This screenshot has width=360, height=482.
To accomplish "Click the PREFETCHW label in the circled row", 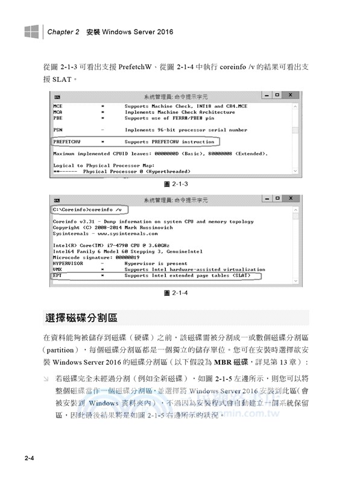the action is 68,142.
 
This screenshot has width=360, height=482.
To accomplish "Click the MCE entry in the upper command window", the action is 58,105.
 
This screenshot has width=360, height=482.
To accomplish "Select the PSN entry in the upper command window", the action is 58,130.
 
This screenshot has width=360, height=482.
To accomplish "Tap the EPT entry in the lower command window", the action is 57,275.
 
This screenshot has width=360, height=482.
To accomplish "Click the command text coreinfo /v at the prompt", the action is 106,209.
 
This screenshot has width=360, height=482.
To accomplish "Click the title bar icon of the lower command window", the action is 56,199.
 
